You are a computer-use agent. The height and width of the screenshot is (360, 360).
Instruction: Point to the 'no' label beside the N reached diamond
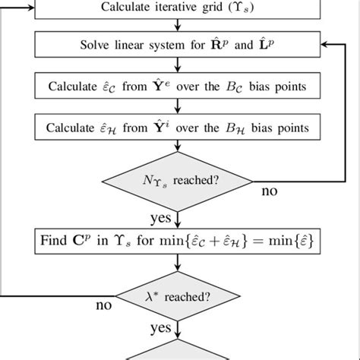point(270,191)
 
